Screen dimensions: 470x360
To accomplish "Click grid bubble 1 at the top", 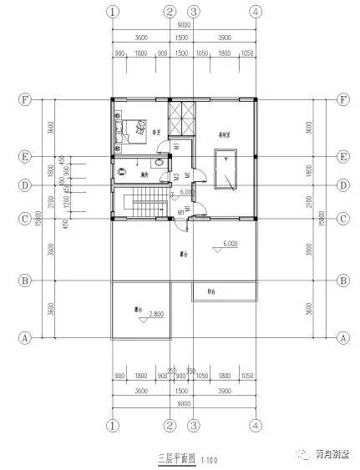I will [114, 13].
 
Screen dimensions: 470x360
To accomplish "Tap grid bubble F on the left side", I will [26, 99].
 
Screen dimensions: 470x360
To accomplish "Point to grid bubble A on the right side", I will [342, 338].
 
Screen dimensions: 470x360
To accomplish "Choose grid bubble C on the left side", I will [26, 218].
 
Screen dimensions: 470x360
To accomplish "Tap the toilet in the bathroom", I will [158, 159].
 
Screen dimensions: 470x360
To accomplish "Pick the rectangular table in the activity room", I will [226, 171].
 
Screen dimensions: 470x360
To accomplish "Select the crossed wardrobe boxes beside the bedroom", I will [181, 117].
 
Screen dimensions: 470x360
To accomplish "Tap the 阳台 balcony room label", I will [212, 292].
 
